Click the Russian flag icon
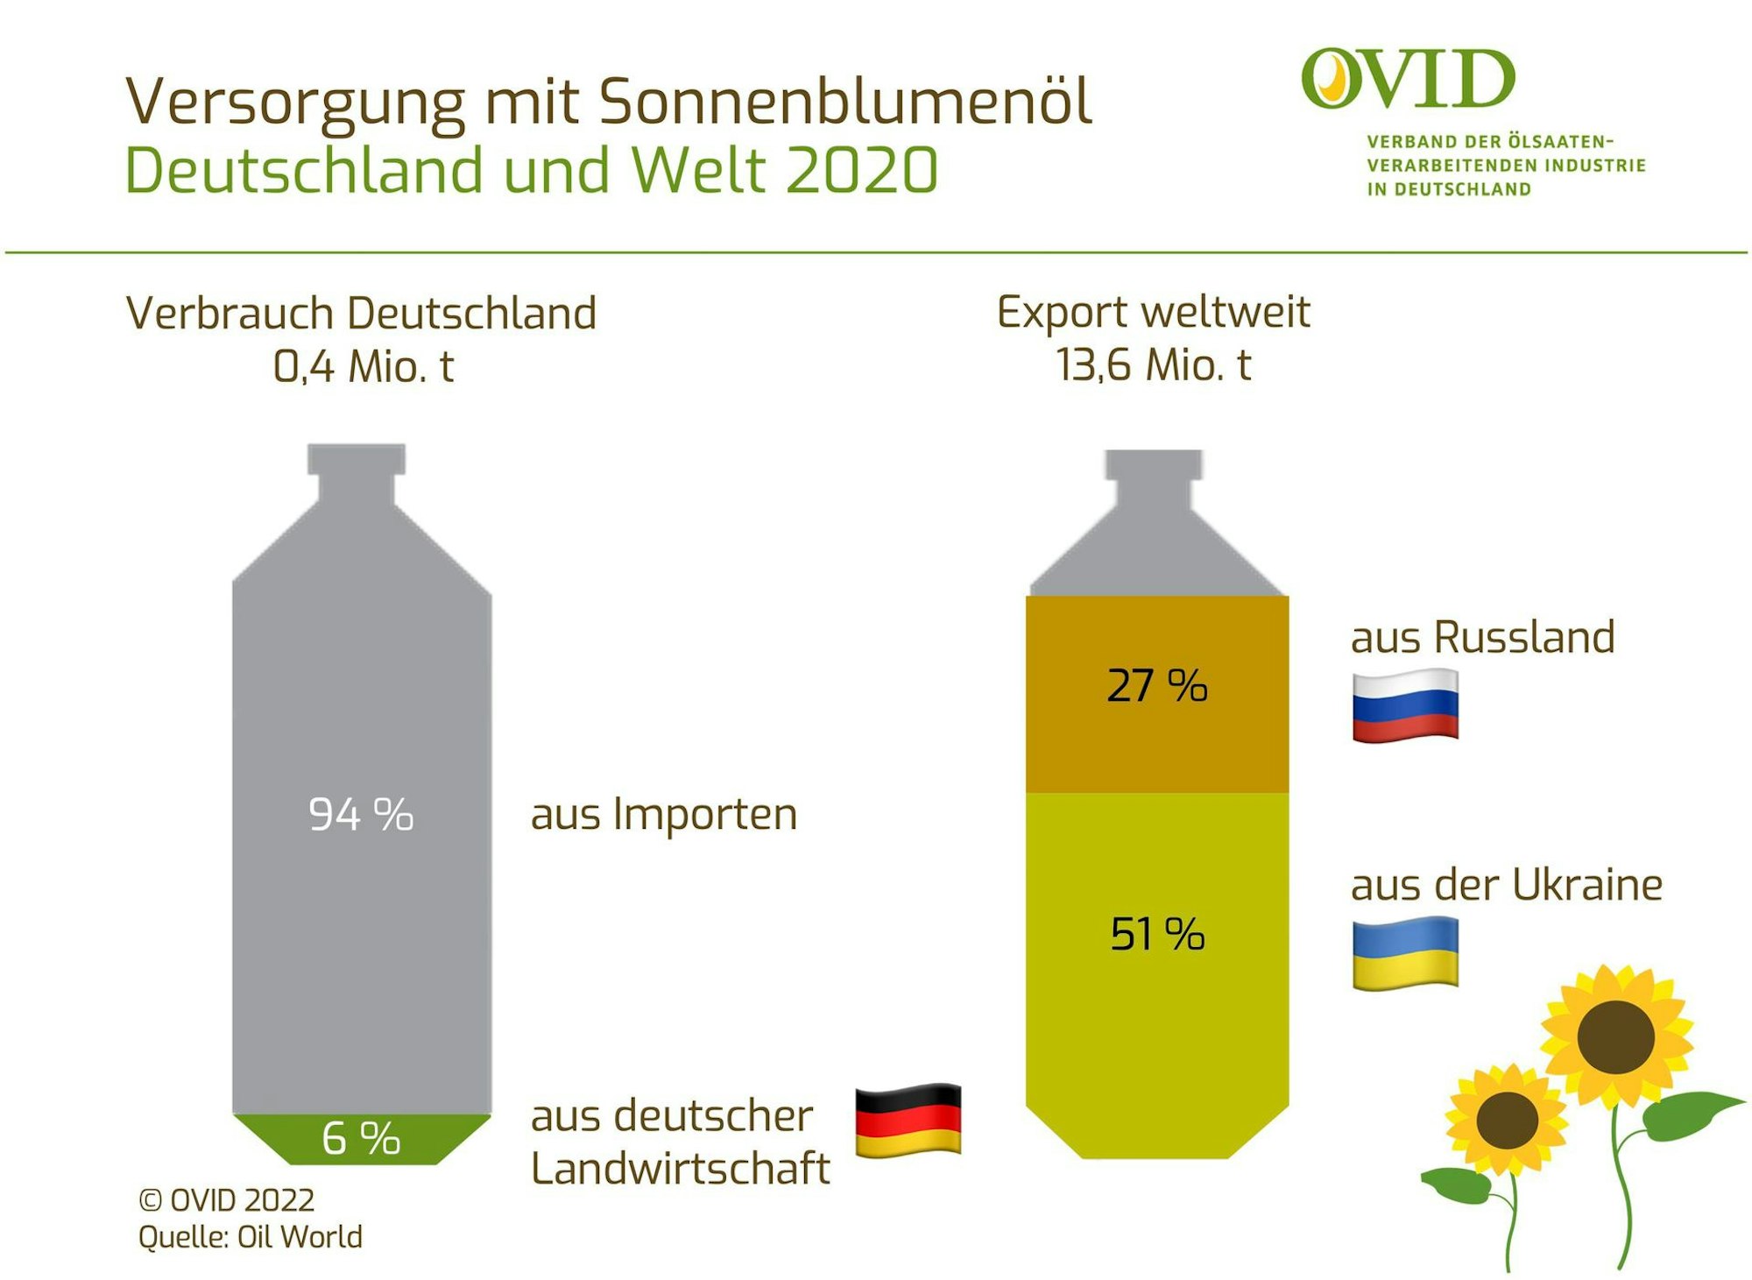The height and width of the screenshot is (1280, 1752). [x=1405, y=705]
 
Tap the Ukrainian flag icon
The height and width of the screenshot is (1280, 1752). [x=1405, y=953]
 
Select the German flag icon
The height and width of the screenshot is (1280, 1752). [x=908, y=1120]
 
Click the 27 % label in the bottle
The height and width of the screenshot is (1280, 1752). [x=1157, y=686]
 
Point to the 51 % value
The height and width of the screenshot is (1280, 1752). [x=1157, y=934]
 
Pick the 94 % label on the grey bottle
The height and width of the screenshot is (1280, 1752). [x=361, y=815]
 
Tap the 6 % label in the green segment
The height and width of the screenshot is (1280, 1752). [x=361, y=1138]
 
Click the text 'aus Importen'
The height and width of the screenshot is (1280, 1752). [x=664, y=815]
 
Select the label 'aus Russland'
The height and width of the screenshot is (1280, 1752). [x=1482, y=637]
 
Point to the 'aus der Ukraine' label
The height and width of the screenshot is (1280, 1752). [x=1506, y=885]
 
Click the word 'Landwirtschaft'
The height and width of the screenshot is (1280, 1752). [x=680, y=1169]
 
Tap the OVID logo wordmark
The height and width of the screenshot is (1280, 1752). [x=1408, y=80]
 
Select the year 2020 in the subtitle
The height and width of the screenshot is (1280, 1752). [x=862, y=170]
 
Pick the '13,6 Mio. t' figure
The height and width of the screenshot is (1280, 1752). [x=1154, y=364]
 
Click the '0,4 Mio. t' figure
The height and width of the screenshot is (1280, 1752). [x=364, y=365]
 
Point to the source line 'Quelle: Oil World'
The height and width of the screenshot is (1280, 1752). [x=251, y=1237]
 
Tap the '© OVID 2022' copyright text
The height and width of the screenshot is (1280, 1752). [x=227, y=1200]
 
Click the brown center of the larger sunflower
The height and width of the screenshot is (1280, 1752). [x=1615, y=1036]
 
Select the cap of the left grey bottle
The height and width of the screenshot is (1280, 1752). [x=357, y=459]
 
